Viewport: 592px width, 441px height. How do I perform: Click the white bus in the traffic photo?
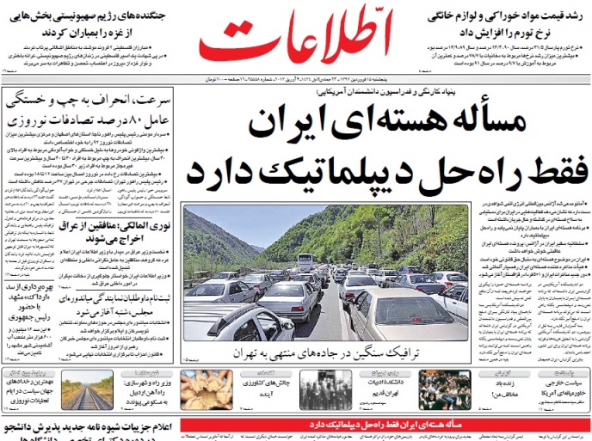tap(305, 260)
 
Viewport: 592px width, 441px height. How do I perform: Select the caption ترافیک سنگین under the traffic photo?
tap(371, 354)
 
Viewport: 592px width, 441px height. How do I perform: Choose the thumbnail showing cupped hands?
tap(207, 391)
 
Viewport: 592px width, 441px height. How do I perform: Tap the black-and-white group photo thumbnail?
tap(325, 391)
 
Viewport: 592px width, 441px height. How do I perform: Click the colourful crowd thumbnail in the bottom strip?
tap(444, 391)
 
